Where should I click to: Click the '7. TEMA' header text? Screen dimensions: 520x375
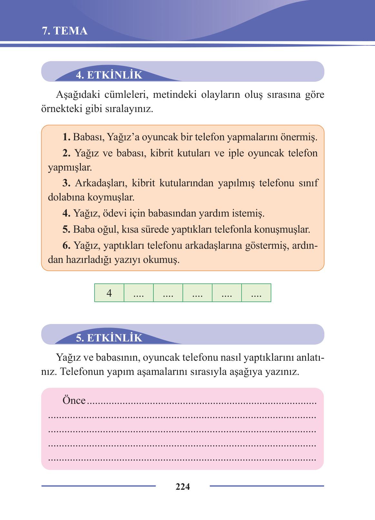64,31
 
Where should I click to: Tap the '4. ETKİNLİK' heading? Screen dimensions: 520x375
109,75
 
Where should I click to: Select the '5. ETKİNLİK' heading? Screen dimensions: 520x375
109,338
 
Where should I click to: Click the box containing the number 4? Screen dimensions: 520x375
109,293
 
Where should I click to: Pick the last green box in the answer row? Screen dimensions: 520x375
256,293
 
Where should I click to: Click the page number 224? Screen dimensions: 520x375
183,487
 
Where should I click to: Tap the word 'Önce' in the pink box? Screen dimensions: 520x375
74,400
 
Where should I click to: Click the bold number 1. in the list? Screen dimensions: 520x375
66,137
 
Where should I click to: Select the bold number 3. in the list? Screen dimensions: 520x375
66,183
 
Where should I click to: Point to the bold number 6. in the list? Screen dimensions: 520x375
66,246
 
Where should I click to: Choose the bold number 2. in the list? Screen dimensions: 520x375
66,153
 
